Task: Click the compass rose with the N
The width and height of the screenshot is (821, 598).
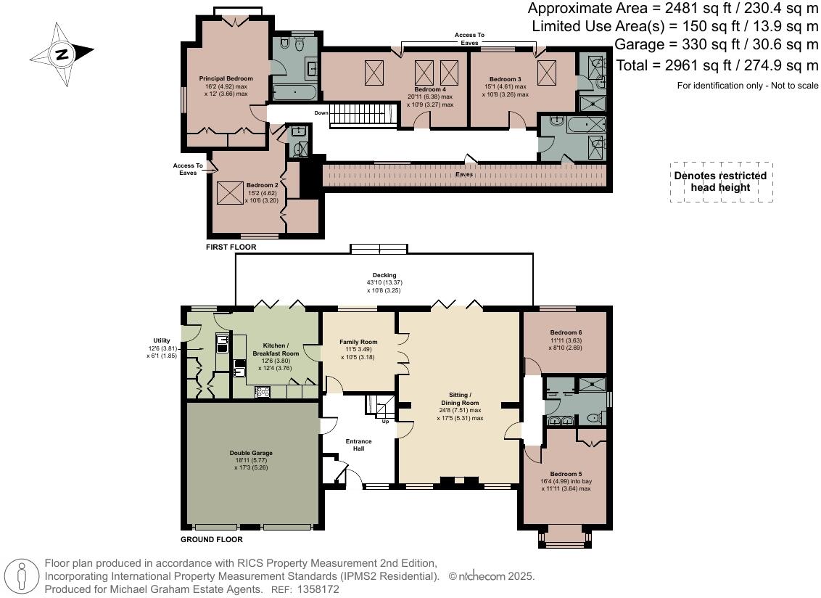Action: pyautogui.click(x=62, y=53)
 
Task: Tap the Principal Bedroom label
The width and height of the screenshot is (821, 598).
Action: pyautogui.click(x=226, y=78)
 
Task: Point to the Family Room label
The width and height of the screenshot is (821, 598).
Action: pyautogui.click(x=359, y=342)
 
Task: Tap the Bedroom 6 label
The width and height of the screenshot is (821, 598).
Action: pyautogui.click(x=566, y=332)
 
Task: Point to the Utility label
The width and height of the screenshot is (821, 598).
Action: pyautogui.click(x=161, y=340)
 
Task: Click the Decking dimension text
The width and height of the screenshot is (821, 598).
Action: pyautogui.click(x=384, y=282)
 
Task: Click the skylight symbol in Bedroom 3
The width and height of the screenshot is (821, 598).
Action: pyautogui.click(x=547, y=73)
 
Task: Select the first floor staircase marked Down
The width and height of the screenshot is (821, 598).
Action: pyautogui.click(x=363, y=115)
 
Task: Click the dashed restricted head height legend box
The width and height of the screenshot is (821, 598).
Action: pyautogui.click(x=720, y=181)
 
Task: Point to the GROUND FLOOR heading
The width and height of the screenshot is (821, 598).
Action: pyautogui.click(x=212, y=539)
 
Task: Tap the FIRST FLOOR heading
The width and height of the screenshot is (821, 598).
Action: pyautogui.click(x=231, y=247)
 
